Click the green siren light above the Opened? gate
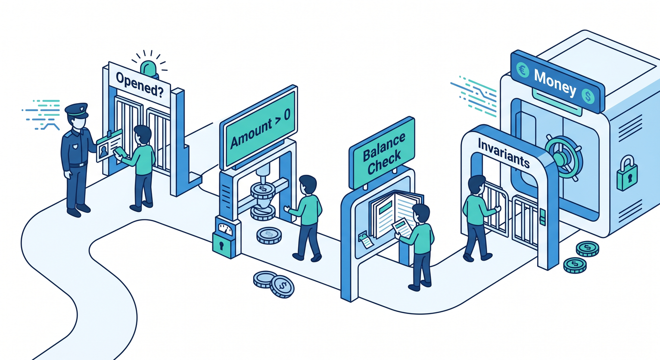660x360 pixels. tap(150, 69)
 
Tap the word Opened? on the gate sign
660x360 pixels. tap(140, 85)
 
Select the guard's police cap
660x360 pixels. tap(76, 110)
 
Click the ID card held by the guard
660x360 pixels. tap(109, 145)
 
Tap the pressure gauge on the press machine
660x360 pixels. tap(225, 229)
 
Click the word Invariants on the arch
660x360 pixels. tap(503, 154)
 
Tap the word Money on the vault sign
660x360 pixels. tap(555, 83)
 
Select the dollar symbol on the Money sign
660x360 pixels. tap(588, 96)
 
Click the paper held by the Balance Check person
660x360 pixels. tap(402, 227)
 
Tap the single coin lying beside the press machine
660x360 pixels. tap(269, 235)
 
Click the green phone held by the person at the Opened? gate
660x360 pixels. tap(120, 153)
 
